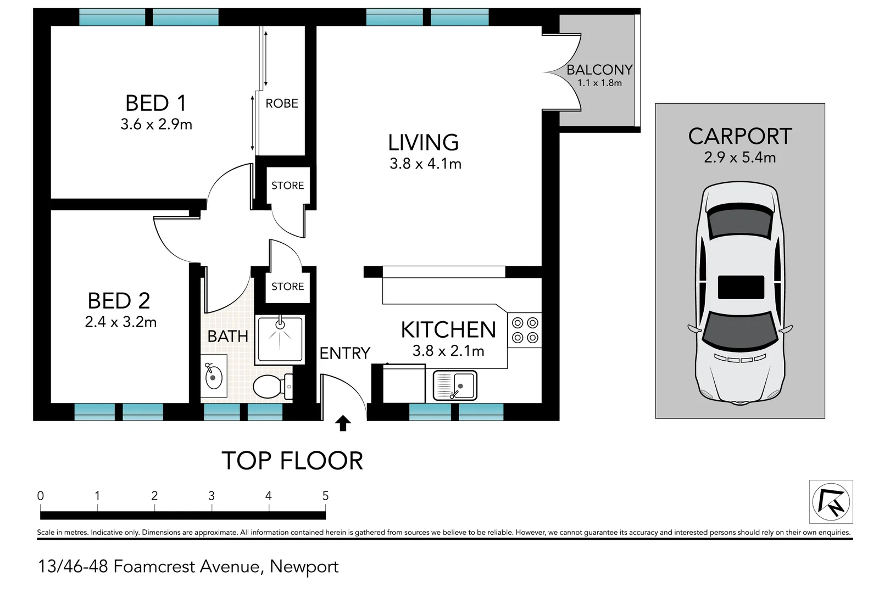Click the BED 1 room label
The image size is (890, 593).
156,103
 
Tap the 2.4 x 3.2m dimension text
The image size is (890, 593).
121,322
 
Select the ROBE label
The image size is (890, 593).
282,103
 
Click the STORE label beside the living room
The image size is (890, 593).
287,186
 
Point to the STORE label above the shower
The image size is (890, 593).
287,286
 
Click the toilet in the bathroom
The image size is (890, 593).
272,386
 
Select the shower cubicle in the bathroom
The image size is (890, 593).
280,339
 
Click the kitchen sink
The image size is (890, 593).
455,385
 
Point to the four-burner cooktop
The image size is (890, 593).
525,330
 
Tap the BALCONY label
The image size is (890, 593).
599,70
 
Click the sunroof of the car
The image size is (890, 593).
741,287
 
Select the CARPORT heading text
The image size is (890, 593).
740,136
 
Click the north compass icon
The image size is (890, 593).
831,502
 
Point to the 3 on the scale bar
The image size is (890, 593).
212,496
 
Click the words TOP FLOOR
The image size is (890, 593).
292,461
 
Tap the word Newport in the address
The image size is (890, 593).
304,566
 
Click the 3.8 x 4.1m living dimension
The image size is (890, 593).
425,164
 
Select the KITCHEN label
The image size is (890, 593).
448,330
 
